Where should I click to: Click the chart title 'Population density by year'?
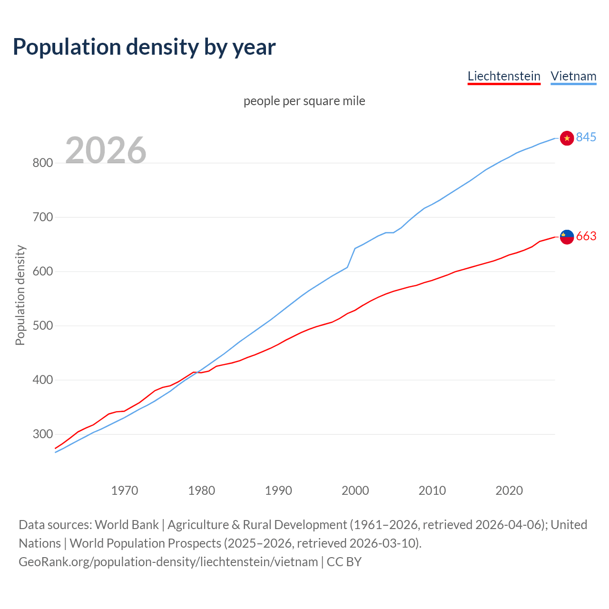(x=144, y=47)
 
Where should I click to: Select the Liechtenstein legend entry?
(x=504, y=76)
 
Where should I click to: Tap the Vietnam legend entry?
(x=573, y=76)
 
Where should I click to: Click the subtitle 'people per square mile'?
(x=304, y=101)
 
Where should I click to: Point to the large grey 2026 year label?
(x=106, y=150)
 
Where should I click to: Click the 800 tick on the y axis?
(x=42, y=163)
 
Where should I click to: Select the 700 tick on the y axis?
(x=42, y=217)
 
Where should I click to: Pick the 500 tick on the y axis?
(x=42, y=326)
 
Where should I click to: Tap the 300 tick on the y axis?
(x=42, y=434)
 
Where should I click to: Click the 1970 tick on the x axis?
(x=125, y=491)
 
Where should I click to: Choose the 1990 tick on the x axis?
(x=278, y=491)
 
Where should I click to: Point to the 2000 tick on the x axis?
(x=355, y=491)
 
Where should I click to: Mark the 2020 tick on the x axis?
(x=509, y=491)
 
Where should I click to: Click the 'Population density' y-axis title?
(x=20, y=295)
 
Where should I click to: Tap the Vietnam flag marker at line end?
(x=567, y=138)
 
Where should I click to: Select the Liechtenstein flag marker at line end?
(x=567, y=236)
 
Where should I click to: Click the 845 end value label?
(x=586, y=138)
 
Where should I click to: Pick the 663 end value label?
(x=586, y=236)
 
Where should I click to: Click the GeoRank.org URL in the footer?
(x=168, y=562)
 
